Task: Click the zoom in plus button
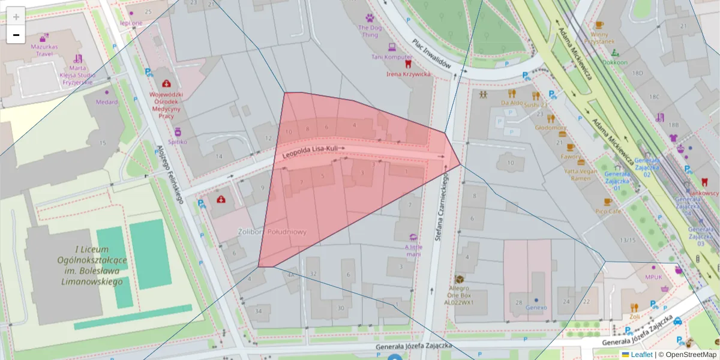(16, 17)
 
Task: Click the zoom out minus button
(16, 35)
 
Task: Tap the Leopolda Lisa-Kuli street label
(314, 152)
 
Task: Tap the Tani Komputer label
(392, 57)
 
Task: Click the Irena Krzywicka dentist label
(409, 74)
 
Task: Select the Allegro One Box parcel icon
(460, 280)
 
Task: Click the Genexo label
(536, 307)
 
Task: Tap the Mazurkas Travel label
(44, 50)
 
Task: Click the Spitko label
(178, 142)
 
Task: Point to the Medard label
(107, 101)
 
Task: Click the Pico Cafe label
(607, 211)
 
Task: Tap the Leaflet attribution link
(641, 355)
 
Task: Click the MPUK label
(653, 277)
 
